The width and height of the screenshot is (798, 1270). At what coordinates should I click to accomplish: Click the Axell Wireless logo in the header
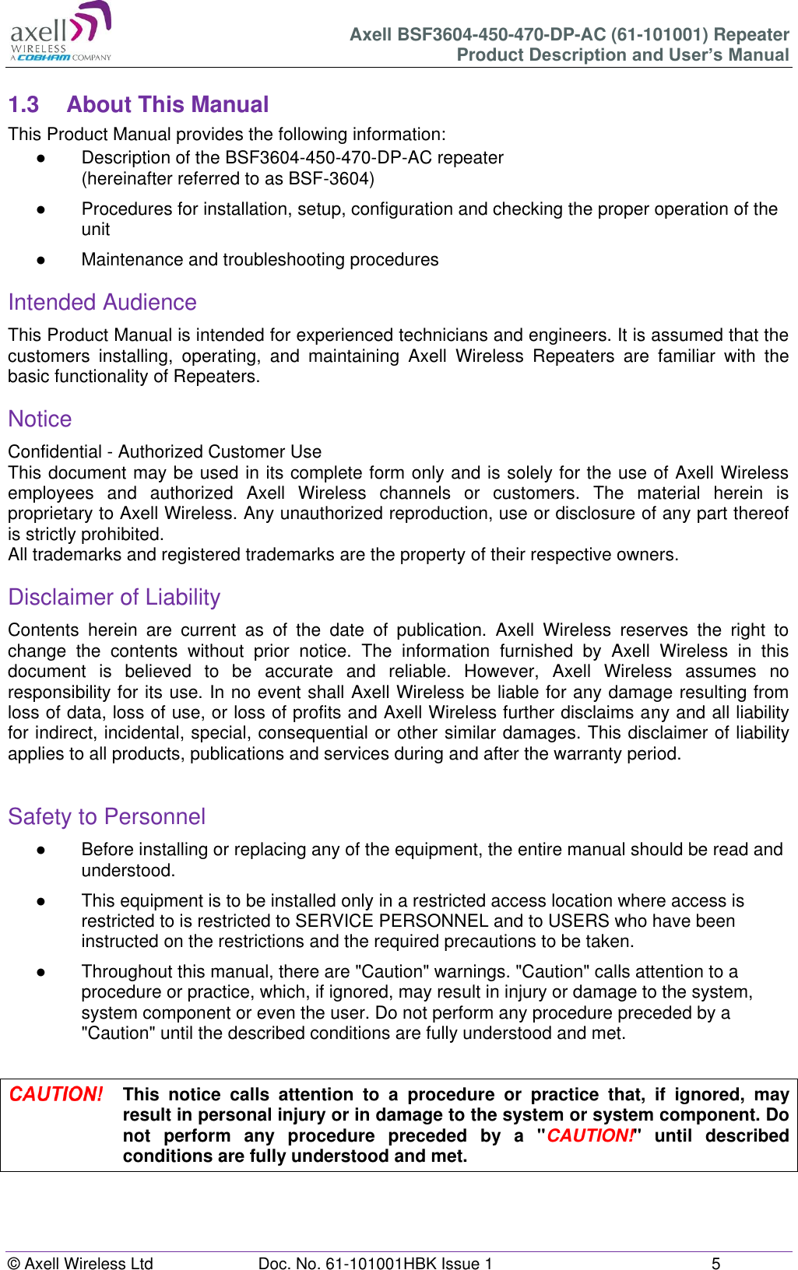tap(61, 33)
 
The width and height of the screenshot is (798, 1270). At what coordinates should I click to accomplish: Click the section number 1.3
tap(23, 104)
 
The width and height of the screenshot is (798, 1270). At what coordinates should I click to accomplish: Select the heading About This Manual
tap(167, 104)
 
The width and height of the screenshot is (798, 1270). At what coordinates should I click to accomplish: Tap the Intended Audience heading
tap(102, 302)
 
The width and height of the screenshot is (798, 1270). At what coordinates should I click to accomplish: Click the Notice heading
tap(40, 419)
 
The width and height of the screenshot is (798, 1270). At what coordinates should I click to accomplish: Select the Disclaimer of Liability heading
tap(114, 597)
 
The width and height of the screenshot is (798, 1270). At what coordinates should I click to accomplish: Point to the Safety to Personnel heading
tap(107, 816)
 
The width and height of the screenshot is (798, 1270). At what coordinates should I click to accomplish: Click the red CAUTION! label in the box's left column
tap(56, 1094)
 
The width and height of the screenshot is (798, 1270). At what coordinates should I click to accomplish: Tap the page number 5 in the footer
tap(715, 1263)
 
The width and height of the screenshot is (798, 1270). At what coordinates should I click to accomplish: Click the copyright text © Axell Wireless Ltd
tap(80, 1263)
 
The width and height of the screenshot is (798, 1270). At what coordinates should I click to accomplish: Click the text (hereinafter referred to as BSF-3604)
tap(227, 179)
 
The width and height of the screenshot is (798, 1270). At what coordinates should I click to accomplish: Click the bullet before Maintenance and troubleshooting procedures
tap(40, 260)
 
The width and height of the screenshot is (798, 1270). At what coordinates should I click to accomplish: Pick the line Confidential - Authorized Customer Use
tap(164, 451)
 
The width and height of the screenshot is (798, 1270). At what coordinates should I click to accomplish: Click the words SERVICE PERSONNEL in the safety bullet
tap(392, 921)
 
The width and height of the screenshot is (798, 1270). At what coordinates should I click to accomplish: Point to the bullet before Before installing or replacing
tap(40, 850)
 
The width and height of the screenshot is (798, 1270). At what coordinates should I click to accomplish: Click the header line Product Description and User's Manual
tap(622, 54)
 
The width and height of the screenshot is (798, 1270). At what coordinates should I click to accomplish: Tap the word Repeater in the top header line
tap(751, 34)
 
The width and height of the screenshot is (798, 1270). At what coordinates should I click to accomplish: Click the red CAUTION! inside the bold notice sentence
tap(589, 1135)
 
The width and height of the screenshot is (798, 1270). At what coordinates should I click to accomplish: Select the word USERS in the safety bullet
tap(578, 921)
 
